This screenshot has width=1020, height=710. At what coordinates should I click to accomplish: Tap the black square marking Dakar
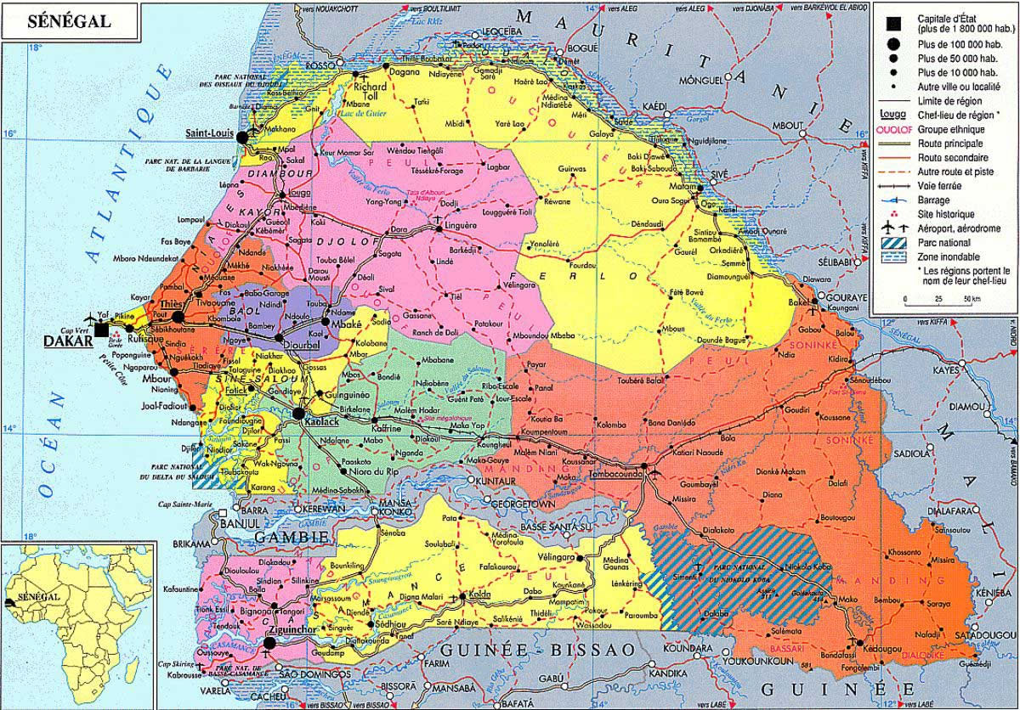click(x=102, y=330)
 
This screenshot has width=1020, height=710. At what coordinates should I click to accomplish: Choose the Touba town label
click(x=316, y=302)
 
